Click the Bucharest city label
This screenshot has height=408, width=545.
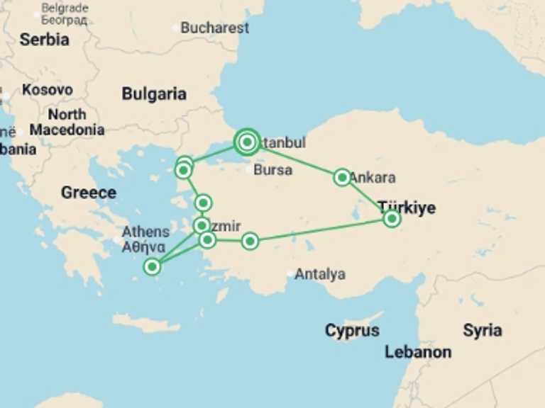214,28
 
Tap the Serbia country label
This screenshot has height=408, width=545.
44,40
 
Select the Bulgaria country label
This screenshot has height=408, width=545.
154,94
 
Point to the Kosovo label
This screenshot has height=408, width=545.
47,91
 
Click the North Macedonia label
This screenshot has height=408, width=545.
67,122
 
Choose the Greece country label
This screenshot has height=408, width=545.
88,192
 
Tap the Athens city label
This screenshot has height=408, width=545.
145,232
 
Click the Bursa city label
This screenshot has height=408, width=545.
272,170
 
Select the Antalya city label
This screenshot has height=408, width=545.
320,274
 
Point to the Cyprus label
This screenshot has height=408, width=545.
352,331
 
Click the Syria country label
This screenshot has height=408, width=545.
483,330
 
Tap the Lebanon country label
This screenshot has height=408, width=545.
418,352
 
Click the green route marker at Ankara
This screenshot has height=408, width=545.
342,177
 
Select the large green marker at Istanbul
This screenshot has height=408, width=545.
246,142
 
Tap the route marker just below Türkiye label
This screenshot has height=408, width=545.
392,219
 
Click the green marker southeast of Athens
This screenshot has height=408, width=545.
152,266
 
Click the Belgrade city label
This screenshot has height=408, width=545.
65,9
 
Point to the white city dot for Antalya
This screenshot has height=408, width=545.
290,274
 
